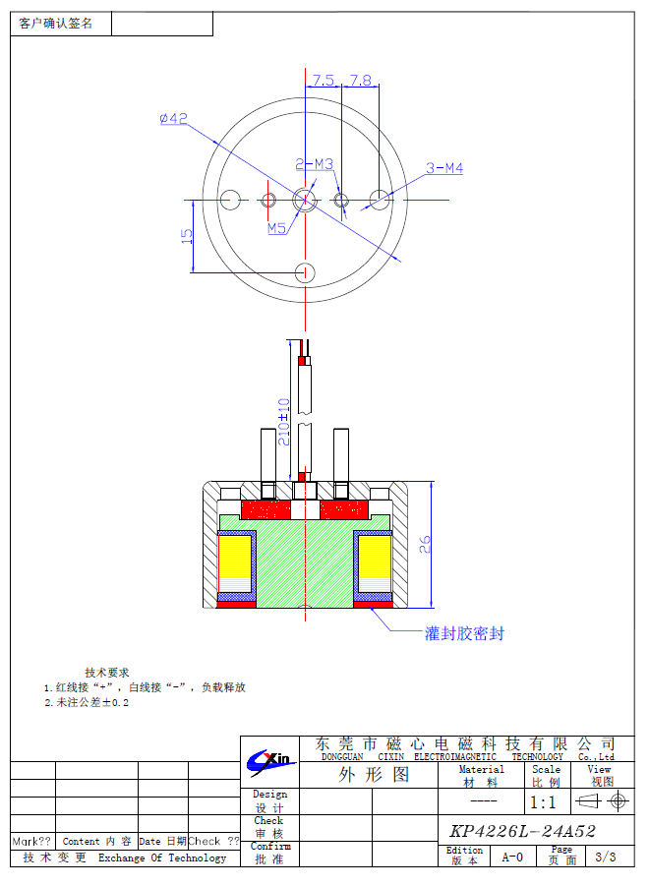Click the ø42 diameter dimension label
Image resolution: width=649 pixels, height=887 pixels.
tap(173, 119)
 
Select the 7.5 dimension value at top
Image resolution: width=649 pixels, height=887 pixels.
tap(324, 81)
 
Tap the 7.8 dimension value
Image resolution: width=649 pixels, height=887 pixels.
tap(360, 81)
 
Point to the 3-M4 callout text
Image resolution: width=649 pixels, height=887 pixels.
tap(444, 168)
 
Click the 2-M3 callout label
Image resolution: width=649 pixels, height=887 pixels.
tap(314, 164)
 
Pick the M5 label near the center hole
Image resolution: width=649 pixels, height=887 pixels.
tap(276, 228)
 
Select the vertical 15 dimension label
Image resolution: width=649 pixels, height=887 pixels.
tap(185, 236)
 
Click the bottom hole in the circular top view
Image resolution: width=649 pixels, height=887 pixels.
tap(306, 271)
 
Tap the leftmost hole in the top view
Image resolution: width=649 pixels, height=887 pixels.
tap(231, 200)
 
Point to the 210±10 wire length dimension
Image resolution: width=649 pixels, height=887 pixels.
tap(284, 422)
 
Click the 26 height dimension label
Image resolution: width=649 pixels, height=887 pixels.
tap(425, 544)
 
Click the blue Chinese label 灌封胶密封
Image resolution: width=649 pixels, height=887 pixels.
tap(464, 633)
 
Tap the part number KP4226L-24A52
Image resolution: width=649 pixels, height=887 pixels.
tap(522, 831)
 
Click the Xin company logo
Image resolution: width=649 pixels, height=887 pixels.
tap(269, 759)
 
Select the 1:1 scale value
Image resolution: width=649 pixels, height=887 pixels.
tap(543, 802)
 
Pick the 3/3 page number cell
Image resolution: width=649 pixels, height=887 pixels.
tap(606, 857)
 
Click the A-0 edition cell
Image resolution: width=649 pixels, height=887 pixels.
tap(512, 857)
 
